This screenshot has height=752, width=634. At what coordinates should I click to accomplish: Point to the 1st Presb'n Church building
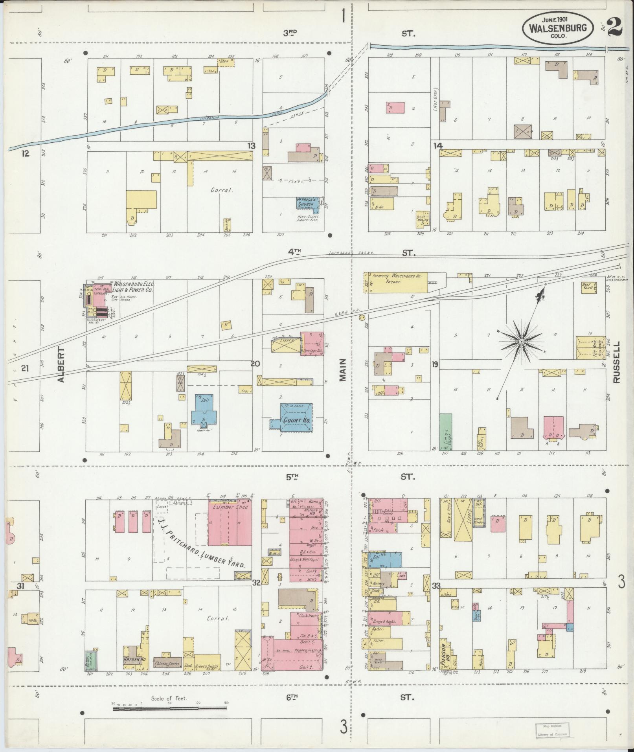307,203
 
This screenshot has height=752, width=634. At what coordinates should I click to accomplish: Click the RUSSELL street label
616,362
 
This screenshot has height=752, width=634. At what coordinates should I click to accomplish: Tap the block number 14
438,146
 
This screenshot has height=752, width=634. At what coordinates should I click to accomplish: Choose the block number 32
256,594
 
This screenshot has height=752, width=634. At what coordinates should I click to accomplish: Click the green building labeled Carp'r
445,431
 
